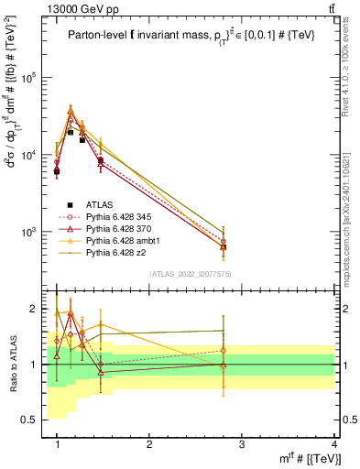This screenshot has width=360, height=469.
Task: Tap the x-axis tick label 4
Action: coord(334,444)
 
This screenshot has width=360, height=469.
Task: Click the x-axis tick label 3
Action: coord(242,444)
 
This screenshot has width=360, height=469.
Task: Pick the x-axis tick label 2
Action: coord(149,444)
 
